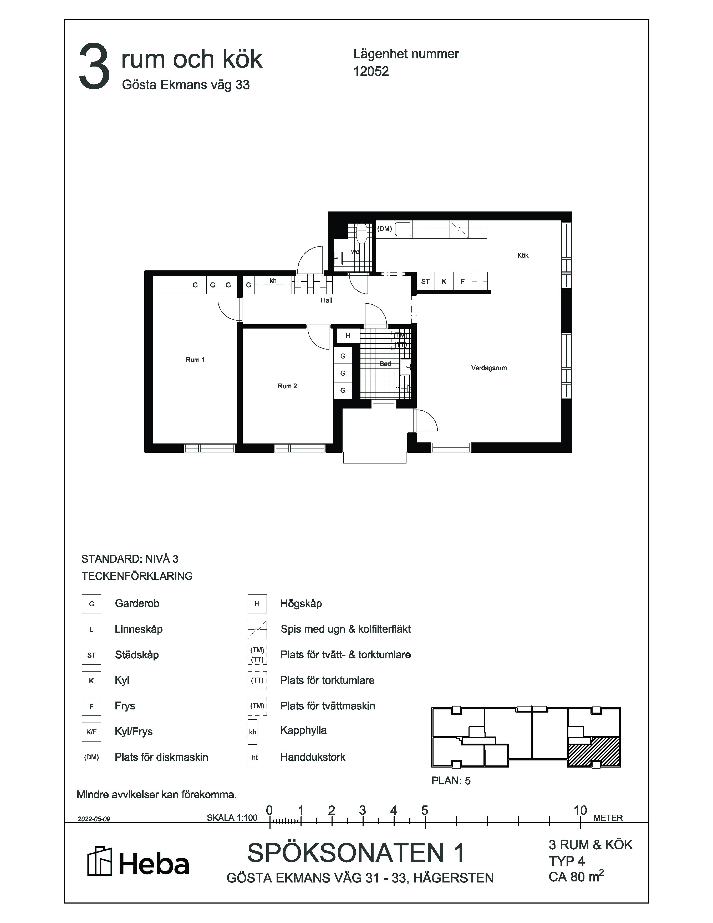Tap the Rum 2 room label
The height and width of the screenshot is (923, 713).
(x=287, y=386)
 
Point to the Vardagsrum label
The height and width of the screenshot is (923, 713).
(x=489, y=368)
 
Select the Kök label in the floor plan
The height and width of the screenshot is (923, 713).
(x=522, y=255)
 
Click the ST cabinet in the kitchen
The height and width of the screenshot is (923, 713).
(x=425, y=281)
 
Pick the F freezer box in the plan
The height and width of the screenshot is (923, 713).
(x=462, y=281)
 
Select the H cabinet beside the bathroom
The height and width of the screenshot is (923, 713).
(x=348, y=336)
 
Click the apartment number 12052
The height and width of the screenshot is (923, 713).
(x=371, y=72)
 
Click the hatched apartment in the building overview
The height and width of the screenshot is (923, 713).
(x=593, y=752)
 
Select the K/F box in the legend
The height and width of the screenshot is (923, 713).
(x=91, y=732)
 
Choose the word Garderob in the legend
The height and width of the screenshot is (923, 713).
(x=137, y=603)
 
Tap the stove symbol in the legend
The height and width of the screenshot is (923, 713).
(x=257, y=629)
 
